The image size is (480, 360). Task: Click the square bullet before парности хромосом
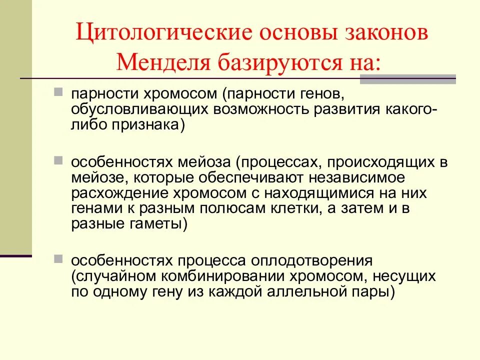click(72, 93)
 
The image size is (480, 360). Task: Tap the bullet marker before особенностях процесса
click(72, 260)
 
